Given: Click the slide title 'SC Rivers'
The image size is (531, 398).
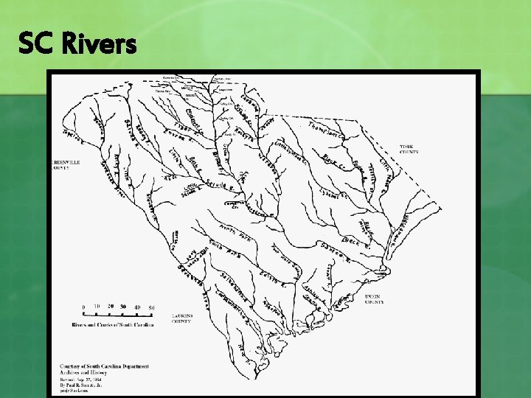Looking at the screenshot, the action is tap(77, 45).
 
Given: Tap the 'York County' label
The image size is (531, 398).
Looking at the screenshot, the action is tap(409, 150).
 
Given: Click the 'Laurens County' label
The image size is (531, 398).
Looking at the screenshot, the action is tap(182, 319).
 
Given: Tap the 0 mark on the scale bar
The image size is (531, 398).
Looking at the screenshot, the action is tap(83, 307).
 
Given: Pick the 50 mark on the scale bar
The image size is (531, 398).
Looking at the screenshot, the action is tap(152, 307).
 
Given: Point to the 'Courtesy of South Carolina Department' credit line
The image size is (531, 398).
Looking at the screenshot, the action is tap(104, 366).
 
